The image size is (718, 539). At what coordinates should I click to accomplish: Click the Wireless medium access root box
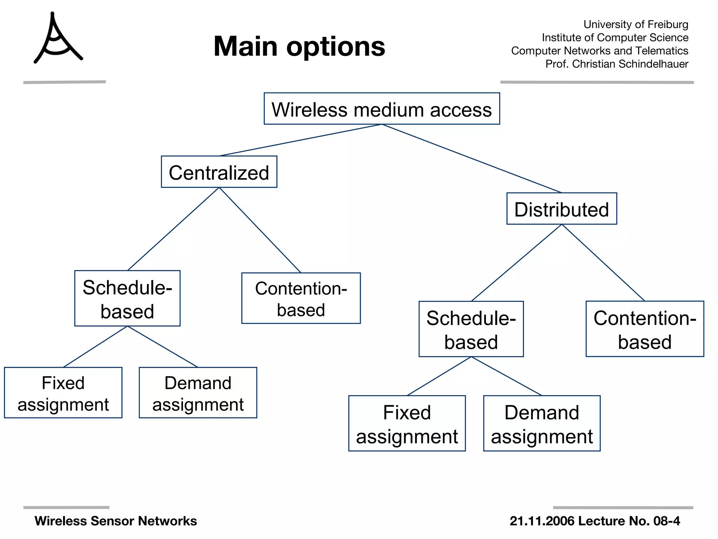click(381, 109)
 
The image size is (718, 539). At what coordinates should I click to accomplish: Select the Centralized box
click(219, 172)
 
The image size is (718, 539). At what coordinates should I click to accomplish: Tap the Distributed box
click(561, 209)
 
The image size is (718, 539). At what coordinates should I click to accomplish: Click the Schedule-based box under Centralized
click(127, 298)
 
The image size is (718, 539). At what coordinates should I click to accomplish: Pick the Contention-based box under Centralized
click(301, 298)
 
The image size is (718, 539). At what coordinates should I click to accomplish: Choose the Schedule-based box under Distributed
click(471, 329)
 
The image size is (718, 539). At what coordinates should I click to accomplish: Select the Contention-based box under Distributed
click(644, 329)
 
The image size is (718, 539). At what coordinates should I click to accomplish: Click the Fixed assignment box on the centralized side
click(63, 393)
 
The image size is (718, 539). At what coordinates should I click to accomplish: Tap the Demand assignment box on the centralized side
click(198, 393)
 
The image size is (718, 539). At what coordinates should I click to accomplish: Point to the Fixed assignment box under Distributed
click(407, 423)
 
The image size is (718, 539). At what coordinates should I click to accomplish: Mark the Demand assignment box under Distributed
click(542, 423)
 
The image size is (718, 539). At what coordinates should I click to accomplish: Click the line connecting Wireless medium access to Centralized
click(300, 140)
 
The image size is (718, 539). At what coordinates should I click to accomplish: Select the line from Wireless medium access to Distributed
click(472, 159)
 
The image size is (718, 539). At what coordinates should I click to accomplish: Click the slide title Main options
click(299, 46)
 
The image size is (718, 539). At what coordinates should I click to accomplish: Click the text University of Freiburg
click(636, 25)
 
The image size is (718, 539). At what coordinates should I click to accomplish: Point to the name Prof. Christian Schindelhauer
click(617, 64)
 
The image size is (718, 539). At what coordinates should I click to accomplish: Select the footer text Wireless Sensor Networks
click(116, 521)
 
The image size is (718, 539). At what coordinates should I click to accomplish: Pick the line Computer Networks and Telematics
click(600, 51)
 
